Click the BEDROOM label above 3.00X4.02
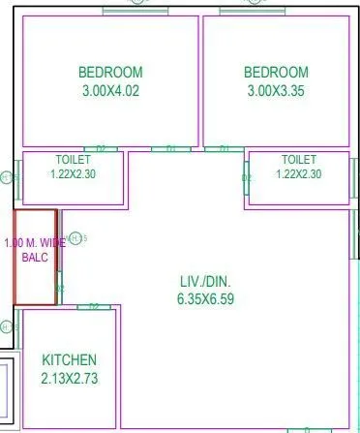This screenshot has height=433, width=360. [110, 73]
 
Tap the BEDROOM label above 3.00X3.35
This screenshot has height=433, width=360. [276, 73]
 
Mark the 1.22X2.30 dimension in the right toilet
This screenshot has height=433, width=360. [298, 174]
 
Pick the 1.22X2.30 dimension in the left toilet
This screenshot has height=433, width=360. [73, 174]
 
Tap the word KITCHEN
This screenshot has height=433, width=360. [69, 360]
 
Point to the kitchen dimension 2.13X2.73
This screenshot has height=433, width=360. [69, 379]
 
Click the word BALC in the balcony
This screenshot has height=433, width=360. [34, 260]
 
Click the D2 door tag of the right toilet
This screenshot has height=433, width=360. [246, 178]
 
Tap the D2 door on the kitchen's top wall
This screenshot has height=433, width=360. [94, 306]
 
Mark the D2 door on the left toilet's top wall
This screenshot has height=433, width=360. [100, 149]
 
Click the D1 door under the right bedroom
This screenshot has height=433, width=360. [224, 149]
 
